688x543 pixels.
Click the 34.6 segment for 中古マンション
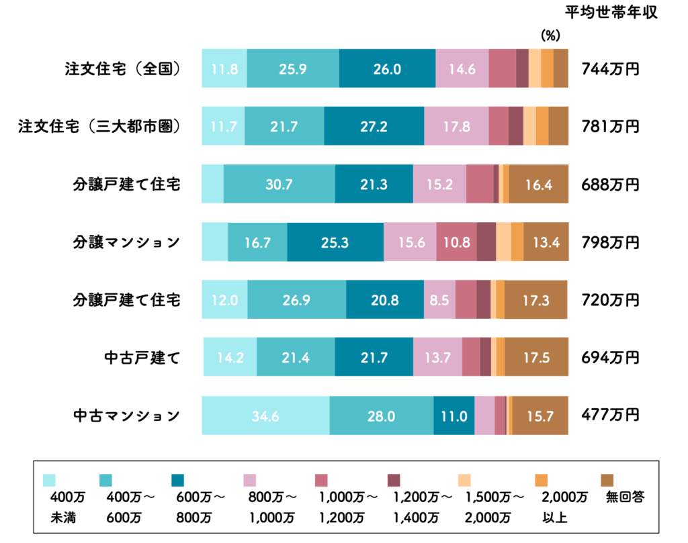tap(265, 415)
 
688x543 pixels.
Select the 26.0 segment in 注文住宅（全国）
tap(387, 68)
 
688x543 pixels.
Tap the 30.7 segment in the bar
tap(279, 184)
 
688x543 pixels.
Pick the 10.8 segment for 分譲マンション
tap(456, 242)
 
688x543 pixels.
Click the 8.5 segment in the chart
tap(439, 300)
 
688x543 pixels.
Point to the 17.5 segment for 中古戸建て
tap(536, 358)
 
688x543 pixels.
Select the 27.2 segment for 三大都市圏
tap(374, 126)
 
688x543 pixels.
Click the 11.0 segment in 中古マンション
tap(454, 415)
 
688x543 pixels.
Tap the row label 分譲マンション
tap(126, 242)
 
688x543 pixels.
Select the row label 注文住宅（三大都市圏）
tap(100, 126)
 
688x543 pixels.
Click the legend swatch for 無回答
tap(607, 480)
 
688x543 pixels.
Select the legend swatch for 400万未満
tap(50, 480)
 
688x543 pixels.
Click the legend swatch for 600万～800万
tap(178, 480)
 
